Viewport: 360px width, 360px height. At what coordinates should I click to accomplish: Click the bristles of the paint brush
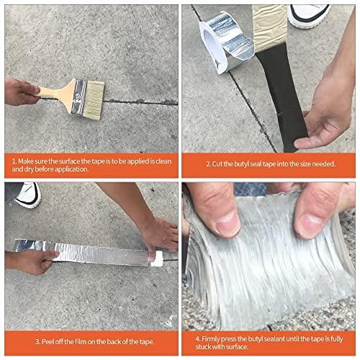[94, 100]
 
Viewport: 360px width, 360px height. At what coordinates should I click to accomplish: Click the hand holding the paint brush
[20, 91]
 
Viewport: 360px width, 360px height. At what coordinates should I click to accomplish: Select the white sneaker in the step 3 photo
[28, 194]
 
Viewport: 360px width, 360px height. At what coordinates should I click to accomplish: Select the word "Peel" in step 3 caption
[48, 341]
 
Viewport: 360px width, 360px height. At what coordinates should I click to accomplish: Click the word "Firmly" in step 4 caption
[211, 339]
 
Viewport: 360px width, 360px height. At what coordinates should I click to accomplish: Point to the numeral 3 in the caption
[37, 342]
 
